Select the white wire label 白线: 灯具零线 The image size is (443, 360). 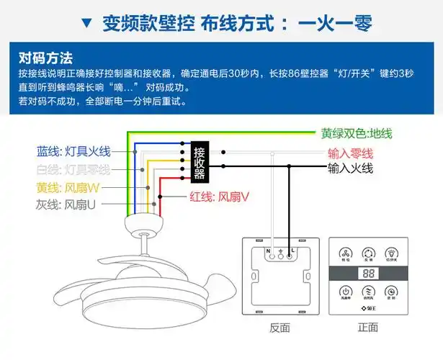point(73,169)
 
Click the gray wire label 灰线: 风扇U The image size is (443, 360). point(66,204)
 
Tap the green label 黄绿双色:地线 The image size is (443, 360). point(357,134)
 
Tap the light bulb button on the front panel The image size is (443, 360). point(392,253)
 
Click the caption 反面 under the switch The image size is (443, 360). point(279,328)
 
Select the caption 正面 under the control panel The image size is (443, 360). point(367,328)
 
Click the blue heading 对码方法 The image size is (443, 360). point(46,58)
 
